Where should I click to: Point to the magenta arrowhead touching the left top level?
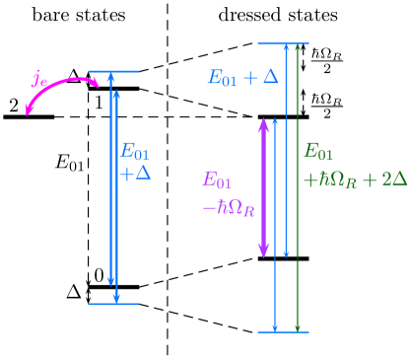click(x=96, y=84)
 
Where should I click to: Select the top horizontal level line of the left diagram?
click(x=113, y=71)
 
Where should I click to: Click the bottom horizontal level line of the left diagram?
click(x=113, y=304)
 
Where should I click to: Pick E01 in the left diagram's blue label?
click(x=135, y=152)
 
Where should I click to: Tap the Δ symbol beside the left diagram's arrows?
click(x=143, y=174)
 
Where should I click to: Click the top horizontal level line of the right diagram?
click(x=283, y=43)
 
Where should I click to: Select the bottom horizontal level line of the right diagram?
click(x=283, y=331)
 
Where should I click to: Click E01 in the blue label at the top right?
click(x=223, y=78)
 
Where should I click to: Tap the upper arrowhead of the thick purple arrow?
click(x=263, y=124)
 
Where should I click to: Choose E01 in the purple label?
click(x=217, y=180)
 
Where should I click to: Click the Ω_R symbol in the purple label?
click(x=242, y=209)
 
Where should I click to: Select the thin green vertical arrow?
click(x=298, y=187)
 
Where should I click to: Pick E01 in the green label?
click(x=318, y=152)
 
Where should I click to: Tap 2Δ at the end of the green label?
click(x=393, y=180)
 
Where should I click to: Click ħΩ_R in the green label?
click(x=334, y=180)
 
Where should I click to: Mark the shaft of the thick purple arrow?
click(x=263, y=187)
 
